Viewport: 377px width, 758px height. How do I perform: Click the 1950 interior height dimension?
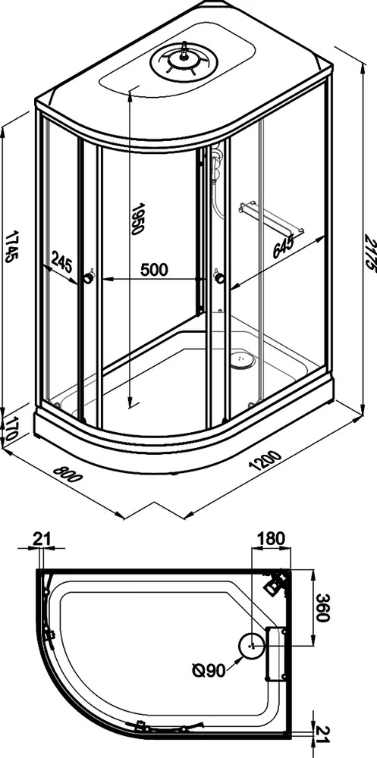(x=138, y=219)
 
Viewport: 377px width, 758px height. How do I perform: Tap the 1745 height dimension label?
(x=13, y=247)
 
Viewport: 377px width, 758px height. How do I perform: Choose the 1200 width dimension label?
(x=264, y=460)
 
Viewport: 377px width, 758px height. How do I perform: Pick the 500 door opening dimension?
(x=155, y=269)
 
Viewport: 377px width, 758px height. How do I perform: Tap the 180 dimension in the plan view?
(x=272, y=538)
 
